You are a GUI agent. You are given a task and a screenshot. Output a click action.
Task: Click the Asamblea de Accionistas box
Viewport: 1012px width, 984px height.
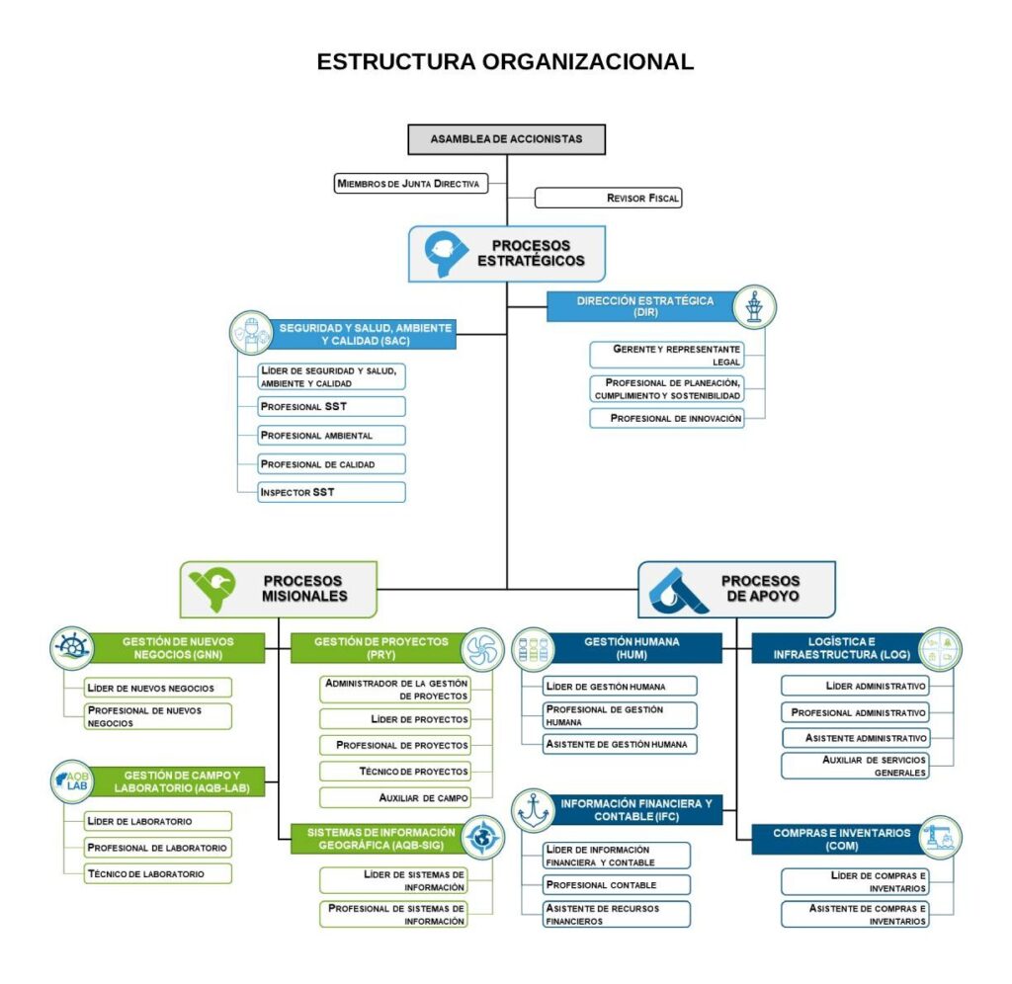click(x=506, y=139)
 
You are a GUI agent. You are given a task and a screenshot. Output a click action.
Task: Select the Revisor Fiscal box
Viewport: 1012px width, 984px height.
click(x=608, y=198)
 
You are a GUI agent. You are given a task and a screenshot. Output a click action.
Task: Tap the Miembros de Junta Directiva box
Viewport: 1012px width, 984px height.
click(x=411, y=183)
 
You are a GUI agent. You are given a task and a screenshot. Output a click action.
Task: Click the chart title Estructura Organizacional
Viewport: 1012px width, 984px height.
click(x=505, y=61)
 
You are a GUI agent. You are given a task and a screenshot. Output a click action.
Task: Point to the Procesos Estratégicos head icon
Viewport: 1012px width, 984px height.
click(x=441, y=254)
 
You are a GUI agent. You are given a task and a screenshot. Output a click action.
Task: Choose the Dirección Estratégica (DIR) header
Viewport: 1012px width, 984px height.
click(x=644, y=306)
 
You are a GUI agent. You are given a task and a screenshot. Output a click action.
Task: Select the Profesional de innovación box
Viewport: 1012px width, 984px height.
click(x=666, y=418)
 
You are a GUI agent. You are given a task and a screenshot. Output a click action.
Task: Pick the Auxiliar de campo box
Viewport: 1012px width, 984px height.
click(x=395, y=796)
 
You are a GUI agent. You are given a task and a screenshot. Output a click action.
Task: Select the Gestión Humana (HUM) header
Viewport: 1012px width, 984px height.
click(x=632, y=648)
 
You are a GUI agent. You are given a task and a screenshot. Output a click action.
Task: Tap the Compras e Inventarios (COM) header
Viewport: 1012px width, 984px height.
click(x=828, y=840)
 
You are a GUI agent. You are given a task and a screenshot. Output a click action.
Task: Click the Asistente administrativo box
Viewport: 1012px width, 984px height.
click(x=855, y=738)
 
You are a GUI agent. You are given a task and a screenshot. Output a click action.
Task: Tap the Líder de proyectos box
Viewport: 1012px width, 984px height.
click(x=395, y=718)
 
